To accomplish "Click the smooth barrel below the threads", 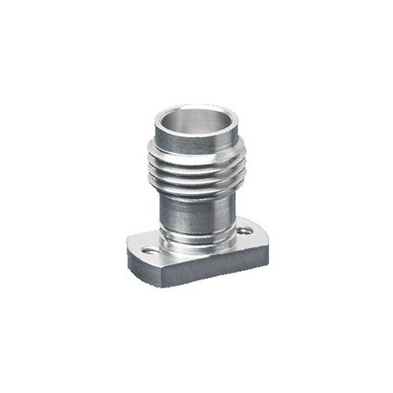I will pyautogui.click(x=194, y=214).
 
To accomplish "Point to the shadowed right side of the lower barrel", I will pyautogui.click(x=224, y=214).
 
